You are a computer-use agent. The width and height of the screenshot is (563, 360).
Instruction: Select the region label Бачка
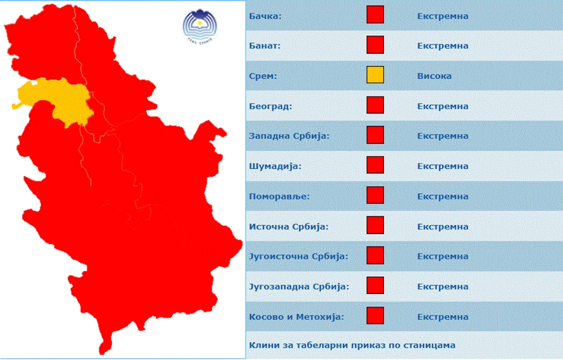265,16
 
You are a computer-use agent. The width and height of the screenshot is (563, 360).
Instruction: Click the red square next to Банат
375,45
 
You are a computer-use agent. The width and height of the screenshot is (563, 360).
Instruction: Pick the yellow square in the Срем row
375,75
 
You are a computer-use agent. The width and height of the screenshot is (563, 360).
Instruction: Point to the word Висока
434,76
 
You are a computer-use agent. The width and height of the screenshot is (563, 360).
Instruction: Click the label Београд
270,106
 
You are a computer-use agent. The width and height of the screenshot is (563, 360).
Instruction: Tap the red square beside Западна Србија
375,135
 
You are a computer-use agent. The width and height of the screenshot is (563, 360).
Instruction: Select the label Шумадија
275,166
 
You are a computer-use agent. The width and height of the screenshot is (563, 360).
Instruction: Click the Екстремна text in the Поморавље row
443,196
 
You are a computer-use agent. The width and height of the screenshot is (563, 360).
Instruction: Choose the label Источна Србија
289,226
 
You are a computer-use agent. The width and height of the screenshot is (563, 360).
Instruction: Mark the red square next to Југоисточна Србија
375,256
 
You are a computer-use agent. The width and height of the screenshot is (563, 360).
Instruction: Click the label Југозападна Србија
299,286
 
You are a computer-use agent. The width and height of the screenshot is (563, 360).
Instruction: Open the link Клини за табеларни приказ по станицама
352,345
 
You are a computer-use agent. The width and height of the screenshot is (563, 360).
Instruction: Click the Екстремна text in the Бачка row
443,16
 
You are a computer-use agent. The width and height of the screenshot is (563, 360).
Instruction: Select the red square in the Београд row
375,105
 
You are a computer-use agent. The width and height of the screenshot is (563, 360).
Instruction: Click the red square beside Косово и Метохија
375,316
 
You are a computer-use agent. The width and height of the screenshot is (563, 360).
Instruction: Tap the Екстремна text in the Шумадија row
443,166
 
